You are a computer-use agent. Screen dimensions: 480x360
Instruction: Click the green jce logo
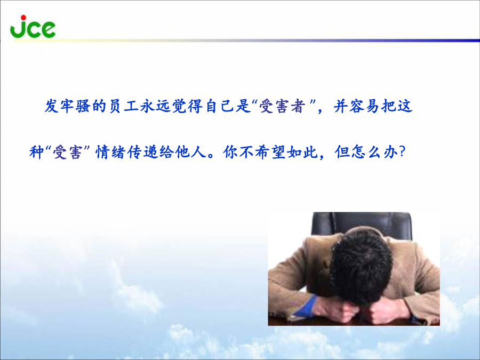[x=33, y=27]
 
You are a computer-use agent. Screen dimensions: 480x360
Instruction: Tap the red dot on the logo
[x=23, y=17]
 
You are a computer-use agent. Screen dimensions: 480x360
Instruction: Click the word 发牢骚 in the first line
[x=68, y=106]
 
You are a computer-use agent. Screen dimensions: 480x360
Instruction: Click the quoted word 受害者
[x=283, y=106]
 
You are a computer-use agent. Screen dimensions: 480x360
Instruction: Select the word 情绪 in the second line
[x=111, y=152]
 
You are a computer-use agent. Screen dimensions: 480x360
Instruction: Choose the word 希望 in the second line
[x=270, y=152]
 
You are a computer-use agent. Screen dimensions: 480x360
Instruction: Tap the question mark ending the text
[x=403, y=152]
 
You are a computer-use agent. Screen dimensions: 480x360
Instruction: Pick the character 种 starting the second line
[x=37, y=152]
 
